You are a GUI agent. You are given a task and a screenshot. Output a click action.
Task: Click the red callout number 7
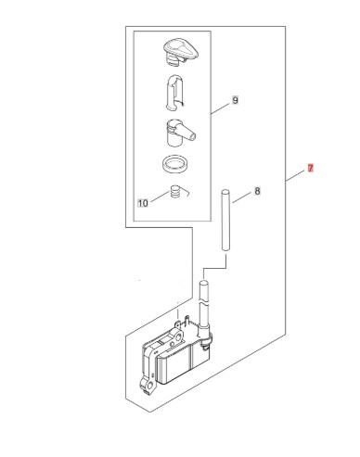click(310, 169)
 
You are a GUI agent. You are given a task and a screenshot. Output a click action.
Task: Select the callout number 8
click(257, 191)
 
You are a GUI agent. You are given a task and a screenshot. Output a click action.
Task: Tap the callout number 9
click(235, 100)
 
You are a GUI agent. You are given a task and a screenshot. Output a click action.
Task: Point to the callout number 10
click(143, 203)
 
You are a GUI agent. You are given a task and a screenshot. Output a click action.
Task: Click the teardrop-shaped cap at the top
click(181, 52)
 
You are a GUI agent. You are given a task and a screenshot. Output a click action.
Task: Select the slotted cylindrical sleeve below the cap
click(175, 92)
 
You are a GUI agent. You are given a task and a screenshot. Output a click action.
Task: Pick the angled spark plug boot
click(178, 133)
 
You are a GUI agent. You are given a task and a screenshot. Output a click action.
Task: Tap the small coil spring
click(175, 192)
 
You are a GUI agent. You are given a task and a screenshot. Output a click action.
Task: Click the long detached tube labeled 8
click(225, 221)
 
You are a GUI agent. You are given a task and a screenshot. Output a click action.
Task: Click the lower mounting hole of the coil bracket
click(150, 386)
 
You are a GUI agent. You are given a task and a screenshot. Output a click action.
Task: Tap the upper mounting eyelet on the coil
click(178, 336)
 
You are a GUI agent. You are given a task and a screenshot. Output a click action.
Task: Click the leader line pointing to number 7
click(295, 175)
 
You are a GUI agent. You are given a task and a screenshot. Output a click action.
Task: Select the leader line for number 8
click(241, 197)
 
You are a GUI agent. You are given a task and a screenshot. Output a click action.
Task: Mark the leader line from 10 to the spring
click(160, 197)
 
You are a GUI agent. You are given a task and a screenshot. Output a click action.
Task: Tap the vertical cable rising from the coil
click(204, 306)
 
